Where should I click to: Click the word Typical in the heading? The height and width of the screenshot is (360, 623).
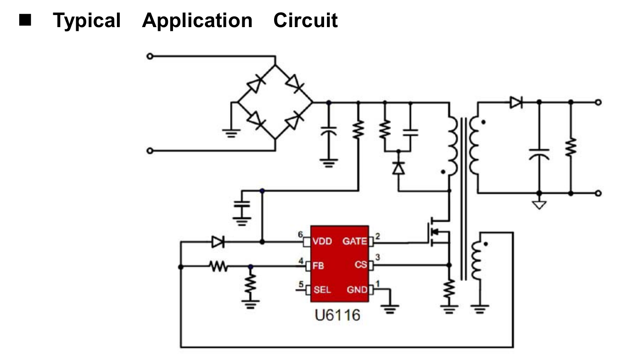click(x=87, y=21)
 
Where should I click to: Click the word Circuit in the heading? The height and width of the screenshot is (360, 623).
click(x=305, y=21)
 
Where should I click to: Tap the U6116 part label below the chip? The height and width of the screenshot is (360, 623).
click(x=337, y=315)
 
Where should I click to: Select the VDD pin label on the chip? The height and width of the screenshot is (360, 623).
click(x=322, y=242)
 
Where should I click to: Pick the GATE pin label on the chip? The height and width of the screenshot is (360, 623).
click(x=355, y=242)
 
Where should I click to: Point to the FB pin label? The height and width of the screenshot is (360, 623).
click(x=319, y=266)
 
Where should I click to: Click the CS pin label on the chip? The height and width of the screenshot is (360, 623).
click(x=360, y=265)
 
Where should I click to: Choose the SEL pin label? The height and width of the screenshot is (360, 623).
click(x=322, y=290)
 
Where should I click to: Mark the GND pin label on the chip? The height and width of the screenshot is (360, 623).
click(x=357, y=290)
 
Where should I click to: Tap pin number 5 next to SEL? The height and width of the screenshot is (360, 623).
click(x=302, y=283)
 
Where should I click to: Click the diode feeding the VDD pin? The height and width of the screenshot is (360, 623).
click(x=218, y=242)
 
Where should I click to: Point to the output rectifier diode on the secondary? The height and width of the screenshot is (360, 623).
click(x=516, y=102)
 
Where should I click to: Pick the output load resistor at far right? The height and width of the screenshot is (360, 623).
click(x=571, y=148)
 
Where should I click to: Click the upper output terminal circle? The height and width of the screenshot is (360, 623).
click(x=598, y=102)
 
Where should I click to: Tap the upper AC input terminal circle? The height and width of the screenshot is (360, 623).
click(x=150, y=56)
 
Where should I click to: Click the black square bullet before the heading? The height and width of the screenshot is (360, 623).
click(x=25, y=21)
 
